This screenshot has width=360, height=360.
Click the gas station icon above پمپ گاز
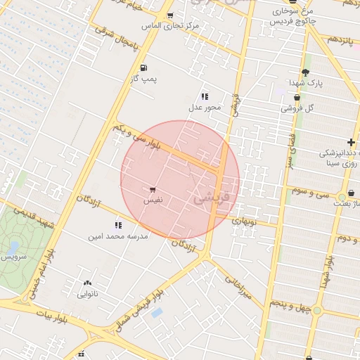[143, 68]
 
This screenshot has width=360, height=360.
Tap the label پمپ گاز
[143, 79]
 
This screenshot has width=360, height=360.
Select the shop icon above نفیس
[153, 190]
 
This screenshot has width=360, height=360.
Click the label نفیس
[153, 200]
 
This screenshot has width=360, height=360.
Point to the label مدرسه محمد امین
[117, 237]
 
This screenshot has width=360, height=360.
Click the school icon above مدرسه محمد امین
[117, 226]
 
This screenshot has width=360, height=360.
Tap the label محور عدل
[205, 108]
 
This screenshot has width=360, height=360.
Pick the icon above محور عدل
[205, 96]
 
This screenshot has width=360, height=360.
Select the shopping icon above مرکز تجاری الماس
[169, 15]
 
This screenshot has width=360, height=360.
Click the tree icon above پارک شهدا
[304, 72]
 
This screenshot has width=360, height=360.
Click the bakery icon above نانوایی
[87, 283]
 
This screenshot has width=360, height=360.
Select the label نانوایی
[87, 294]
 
